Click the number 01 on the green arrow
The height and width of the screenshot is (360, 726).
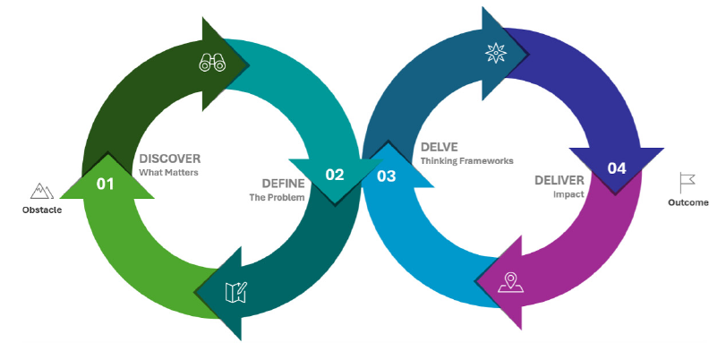click(x=106, y=184)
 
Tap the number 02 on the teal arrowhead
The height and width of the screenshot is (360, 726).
click(x=335, y=175)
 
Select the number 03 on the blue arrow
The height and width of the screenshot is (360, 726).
click(x=387, y=176)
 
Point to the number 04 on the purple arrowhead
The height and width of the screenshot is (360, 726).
click(x=617, y=167)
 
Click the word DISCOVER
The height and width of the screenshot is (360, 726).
click(x=170, y=159)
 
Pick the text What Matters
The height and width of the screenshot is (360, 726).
click(x=168, y=172)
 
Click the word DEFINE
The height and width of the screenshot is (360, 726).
click(x=283, y=184)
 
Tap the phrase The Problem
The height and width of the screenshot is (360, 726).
click(x=277, y=197)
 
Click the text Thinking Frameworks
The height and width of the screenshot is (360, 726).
click(x=467, y=161)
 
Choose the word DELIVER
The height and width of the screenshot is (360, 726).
click(x=559, y=180)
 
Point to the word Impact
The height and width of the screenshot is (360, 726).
click(x=562, y=193)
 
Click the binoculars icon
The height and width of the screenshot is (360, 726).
click(x=212, y=63)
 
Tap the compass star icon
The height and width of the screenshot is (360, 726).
click(x=495, y=54)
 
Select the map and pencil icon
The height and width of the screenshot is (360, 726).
click(x=235, y=292)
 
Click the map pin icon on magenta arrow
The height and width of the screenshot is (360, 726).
click(x=511, y=282)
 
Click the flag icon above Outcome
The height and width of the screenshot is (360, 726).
click(x=687, y=183)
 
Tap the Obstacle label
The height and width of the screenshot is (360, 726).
click(x=42, y=210)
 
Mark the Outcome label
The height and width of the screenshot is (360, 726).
click(x=688, y=203)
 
